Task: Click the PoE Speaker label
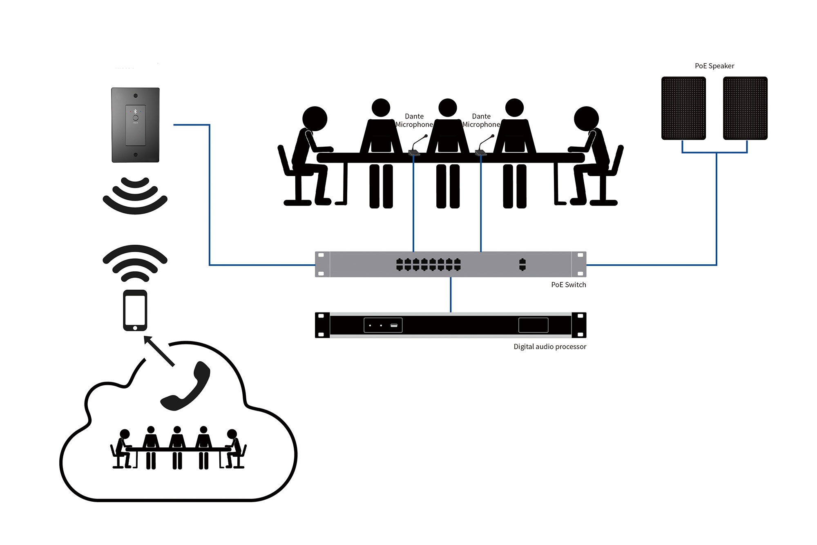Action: pyautogui.click(x=714, y=66)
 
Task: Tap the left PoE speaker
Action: pyautogui.click(x=683, y=108)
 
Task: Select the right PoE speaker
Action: pyautogui.click(x=745, y=108)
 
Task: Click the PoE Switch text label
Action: pyautogui.click(x=568, y=285)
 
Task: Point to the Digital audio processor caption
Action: pyautogui.click(x=550, y=346)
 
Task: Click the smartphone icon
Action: pyautogui.click(x=135, y=310)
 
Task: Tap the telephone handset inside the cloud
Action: pyautogui.click(x=185, y=386)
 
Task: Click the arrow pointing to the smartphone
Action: pyautogui.click(x=159, y=351)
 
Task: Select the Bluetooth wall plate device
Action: pyautogui.click(x=136, y=125)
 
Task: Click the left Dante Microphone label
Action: pyautogui.click(x=414, y=121)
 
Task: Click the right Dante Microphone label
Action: pyautogui.click(x=481, y=121)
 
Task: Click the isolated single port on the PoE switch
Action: pyautogui.click(x=522, y=264)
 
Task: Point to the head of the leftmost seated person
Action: pyautogui.click(x=315, y=119)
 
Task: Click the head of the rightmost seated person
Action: pyautogui.click(x=586, y=119)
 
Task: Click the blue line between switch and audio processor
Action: pyautogui.click(x=451, y=295)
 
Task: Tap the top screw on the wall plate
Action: pyautogui.click(x=136, y=96)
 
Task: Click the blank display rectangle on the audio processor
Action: pyautogui.click(x=534, y=325)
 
